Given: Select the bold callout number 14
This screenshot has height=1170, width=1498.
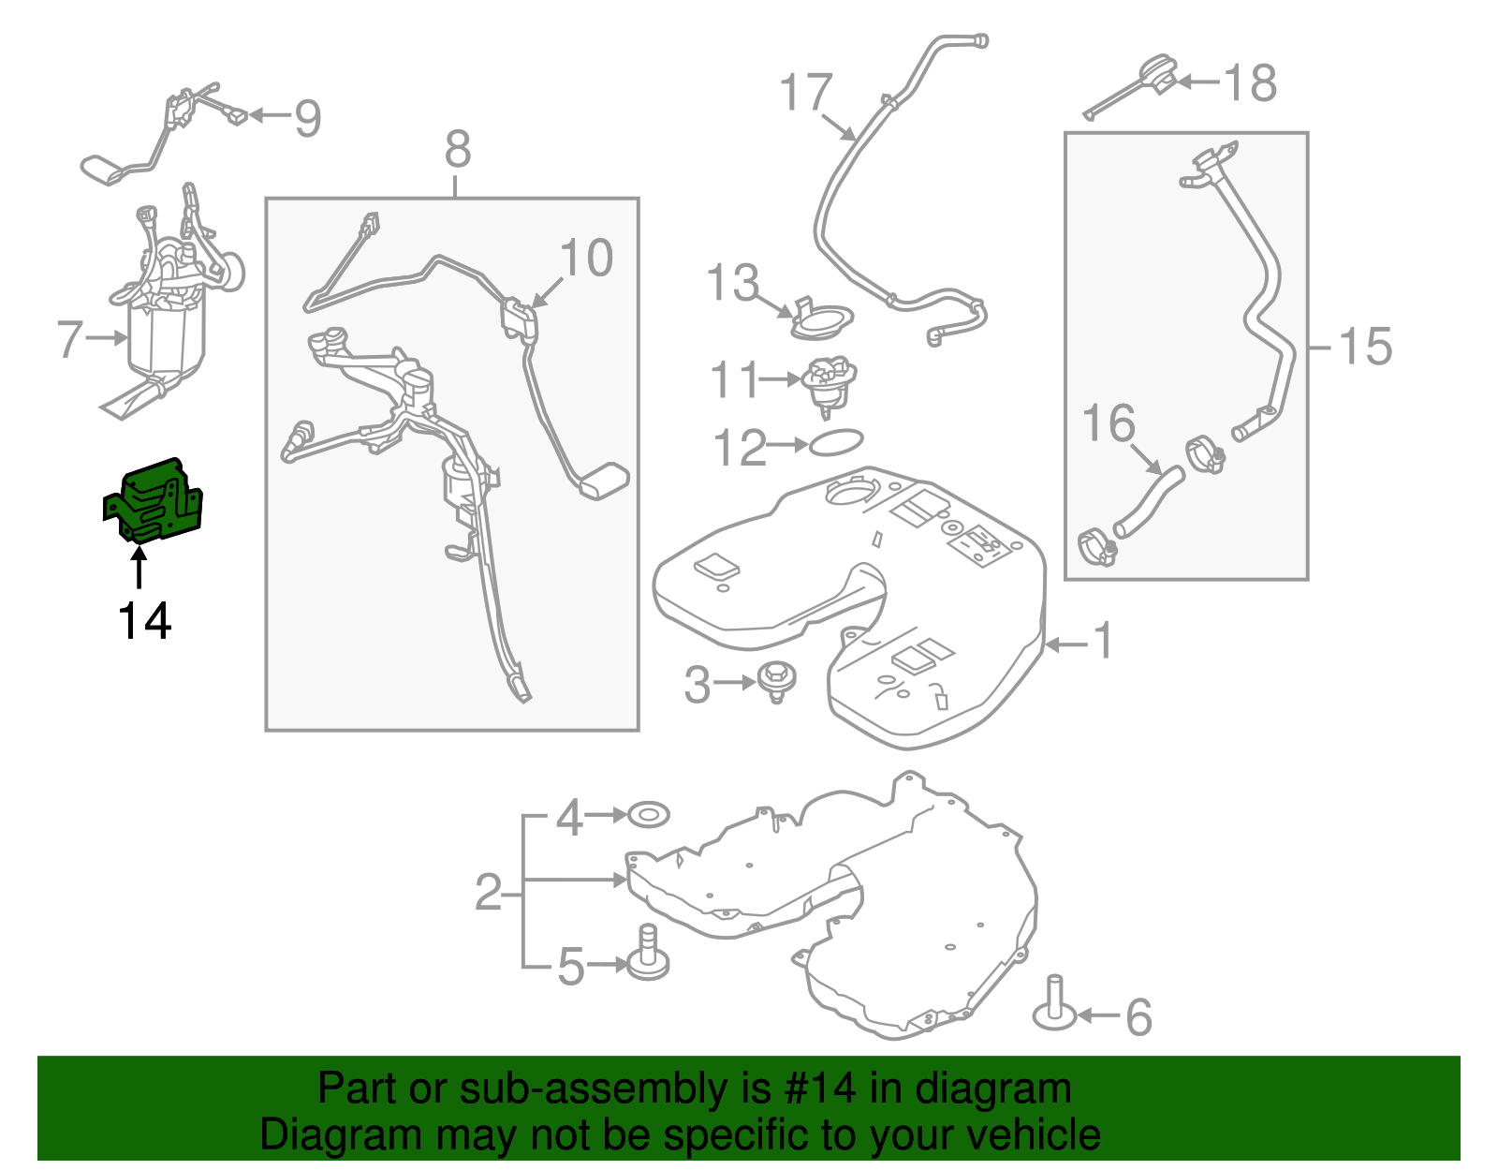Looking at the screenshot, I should [x=144, y=621].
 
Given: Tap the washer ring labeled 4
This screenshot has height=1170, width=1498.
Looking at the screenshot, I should [x=648, y=815].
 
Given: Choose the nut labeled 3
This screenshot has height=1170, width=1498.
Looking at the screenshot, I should [x=776, y=679].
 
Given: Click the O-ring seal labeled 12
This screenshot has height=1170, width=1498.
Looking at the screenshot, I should [x=835, y=442].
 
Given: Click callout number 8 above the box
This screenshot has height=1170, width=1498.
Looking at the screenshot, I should [x=457, y=149].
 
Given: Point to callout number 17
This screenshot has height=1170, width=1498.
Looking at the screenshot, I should [x=805, y=92].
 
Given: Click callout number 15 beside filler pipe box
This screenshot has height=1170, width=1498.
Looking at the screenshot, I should [x=1365, y=347].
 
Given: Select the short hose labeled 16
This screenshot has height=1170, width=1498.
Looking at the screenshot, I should [x=1148, y=502].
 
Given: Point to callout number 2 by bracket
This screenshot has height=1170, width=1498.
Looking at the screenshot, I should [x=489, y=893].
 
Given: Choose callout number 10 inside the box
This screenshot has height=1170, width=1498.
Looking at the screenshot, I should [x=586, y=258].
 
